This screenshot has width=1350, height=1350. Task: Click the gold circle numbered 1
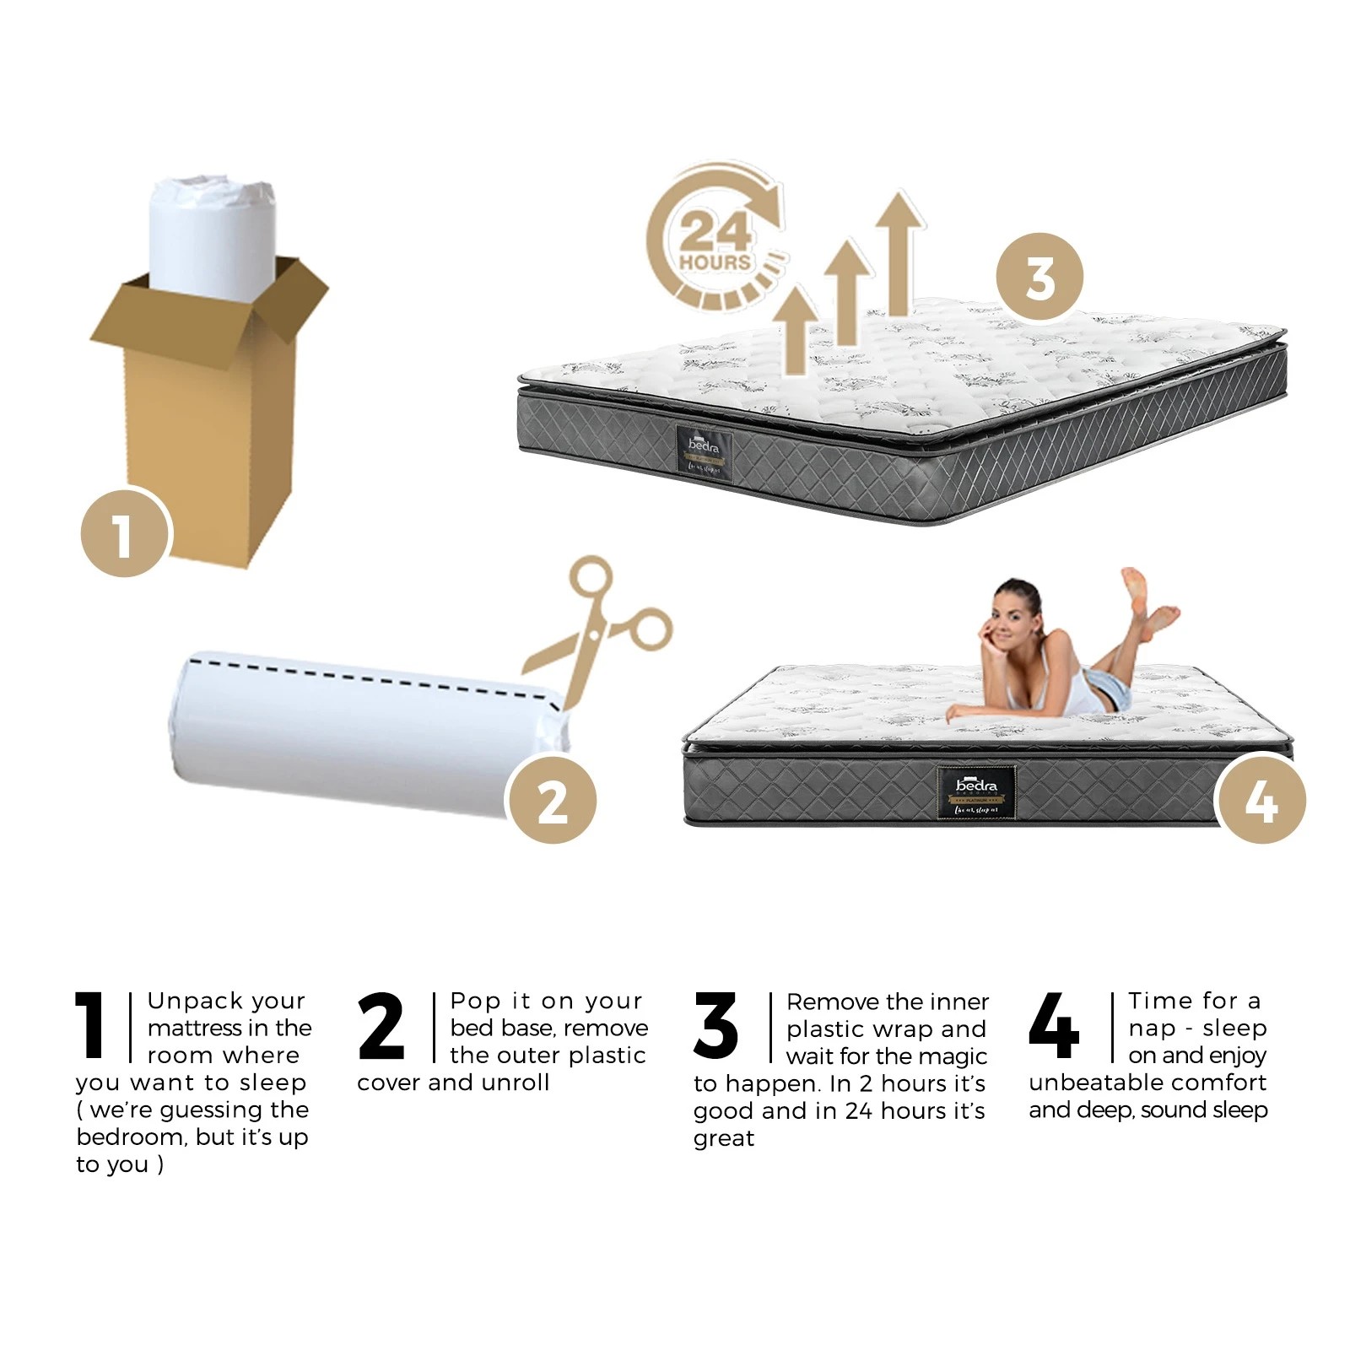(125, 533)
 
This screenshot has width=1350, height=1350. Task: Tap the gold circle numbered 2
(552, 799)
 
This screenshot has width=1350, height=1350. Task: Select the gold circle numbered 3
(1039, 277)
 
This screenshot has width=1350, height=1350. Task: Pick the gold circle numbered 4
(1261, 799)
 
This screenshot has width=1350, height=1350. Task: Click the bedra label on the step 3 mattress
(704, 453)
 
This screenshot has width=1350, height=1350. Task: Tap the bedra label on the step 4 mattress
(976, 791)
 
